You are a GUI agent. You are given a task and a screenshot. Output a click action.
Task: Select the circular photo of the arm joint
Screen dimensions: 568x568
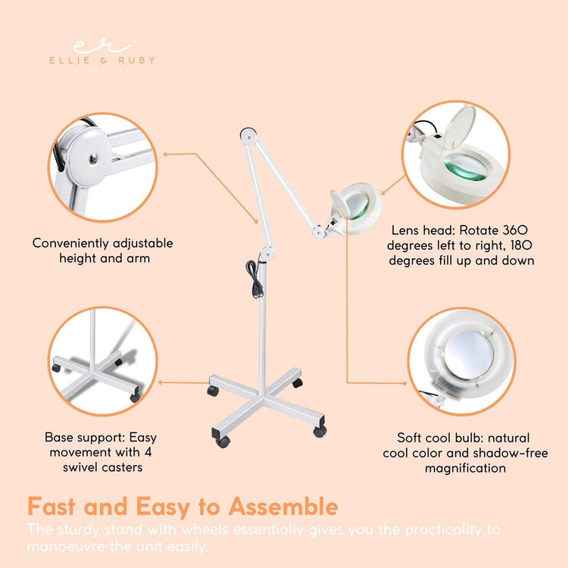tap(103, 167)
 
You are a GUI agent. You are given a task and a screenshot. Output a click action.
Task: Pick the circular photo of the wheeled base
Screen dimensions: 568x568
tap(103, 360)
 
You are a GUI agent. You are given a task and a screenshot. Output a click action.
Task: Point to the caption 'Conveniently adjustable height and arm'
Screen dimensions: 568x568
tap(102, 251)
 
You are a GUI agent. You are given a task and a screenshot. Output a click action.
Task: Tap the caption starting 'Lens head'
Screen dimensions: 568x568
tap(462, 245)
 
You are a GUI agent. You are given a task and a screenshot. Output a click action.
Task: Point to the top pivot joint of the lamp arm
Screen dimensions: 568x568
tap(247, 136)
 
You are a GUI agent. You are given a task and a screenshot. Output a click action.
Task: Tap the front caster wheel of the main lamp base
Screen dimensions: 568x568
tap(223, 439)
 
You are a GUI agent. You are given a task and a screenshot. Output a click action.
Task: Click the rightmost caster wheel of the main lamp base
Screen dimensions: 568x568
tap(320, 430)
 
